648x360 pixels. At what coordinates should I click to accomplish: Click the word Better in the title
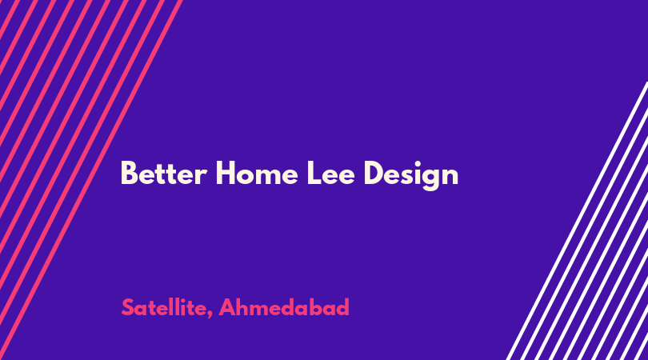(163, 173)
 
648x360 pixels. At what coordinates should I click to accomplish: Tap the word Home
(257, 173)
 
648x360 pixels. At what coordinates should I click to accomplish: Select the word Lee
(330, 173)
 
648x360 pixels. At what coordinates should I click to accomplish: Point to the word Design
(410, 175)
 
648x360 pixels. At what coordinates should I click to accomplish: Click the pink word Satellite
(164, 307)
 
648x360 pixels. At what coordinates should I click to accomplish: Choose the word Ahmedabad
(284, 307)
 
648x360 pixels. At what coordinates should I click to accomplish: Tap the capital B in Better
(129, 173)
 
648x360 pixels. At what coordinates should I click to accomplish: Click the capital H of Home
(226, 173)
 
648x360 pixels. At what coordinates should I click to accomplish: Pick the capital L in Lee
(314, 173)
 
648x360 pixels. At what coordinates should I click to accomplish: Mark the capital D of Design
(374, 173)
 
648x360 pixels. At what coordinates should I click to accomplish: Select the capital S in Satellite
(128, 307)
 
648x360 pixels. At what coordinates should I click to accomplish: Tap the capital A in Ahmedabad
(227, 307)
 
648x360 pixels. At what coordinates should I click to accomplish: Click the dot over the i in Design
(415, 163)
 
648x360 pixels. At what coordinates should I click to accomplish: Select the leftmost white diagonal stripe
(577, 221)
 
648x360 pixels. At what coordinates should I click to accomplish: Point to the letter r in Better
(202, 176)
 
